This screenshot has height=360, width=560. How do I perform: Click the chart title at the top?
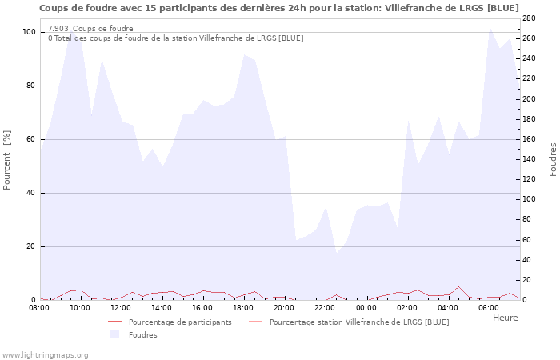coord(279,8)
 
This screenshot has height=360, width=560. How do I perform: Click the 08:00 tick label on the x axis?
coord(41,307)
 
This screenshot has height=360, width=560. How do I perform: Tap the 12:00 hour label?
coord(121,307)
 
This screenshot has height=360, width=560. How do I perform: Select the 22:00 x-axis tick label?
coord(325,307)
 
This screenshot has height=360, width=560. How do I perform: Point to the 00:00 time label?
coord(366,307)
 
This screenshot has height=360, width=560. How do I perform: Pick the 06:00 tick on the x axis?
coord(488,307)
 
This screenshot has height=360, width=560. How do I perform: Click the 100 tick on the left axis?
coord(30,32)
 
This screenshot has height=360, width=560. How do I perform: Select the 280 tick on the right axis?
coord(530,18)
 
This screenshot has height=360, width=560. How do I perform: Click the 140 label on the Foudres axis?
coord(530,159)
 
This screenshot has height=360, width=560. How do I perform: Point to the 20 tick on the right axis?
coord(528,280)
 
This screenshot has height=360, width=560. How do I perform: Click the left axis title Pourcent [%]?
coord(7,160)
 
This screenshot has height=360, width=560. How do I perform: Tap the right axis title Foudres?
coord(553,160)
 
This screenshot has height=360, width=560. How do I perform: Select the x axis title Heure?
coord(505,318)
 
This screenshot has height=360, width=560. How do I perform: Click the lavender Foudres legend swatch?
coord(114,334)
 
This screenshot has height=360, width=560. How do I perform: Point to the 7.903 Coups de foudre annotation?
coord(90,29)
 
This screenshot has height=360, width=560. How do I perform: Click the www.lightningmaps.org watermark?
coord(45,354)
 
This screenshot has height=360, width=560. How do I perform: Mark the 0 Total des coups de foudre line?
coord(175,38)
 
